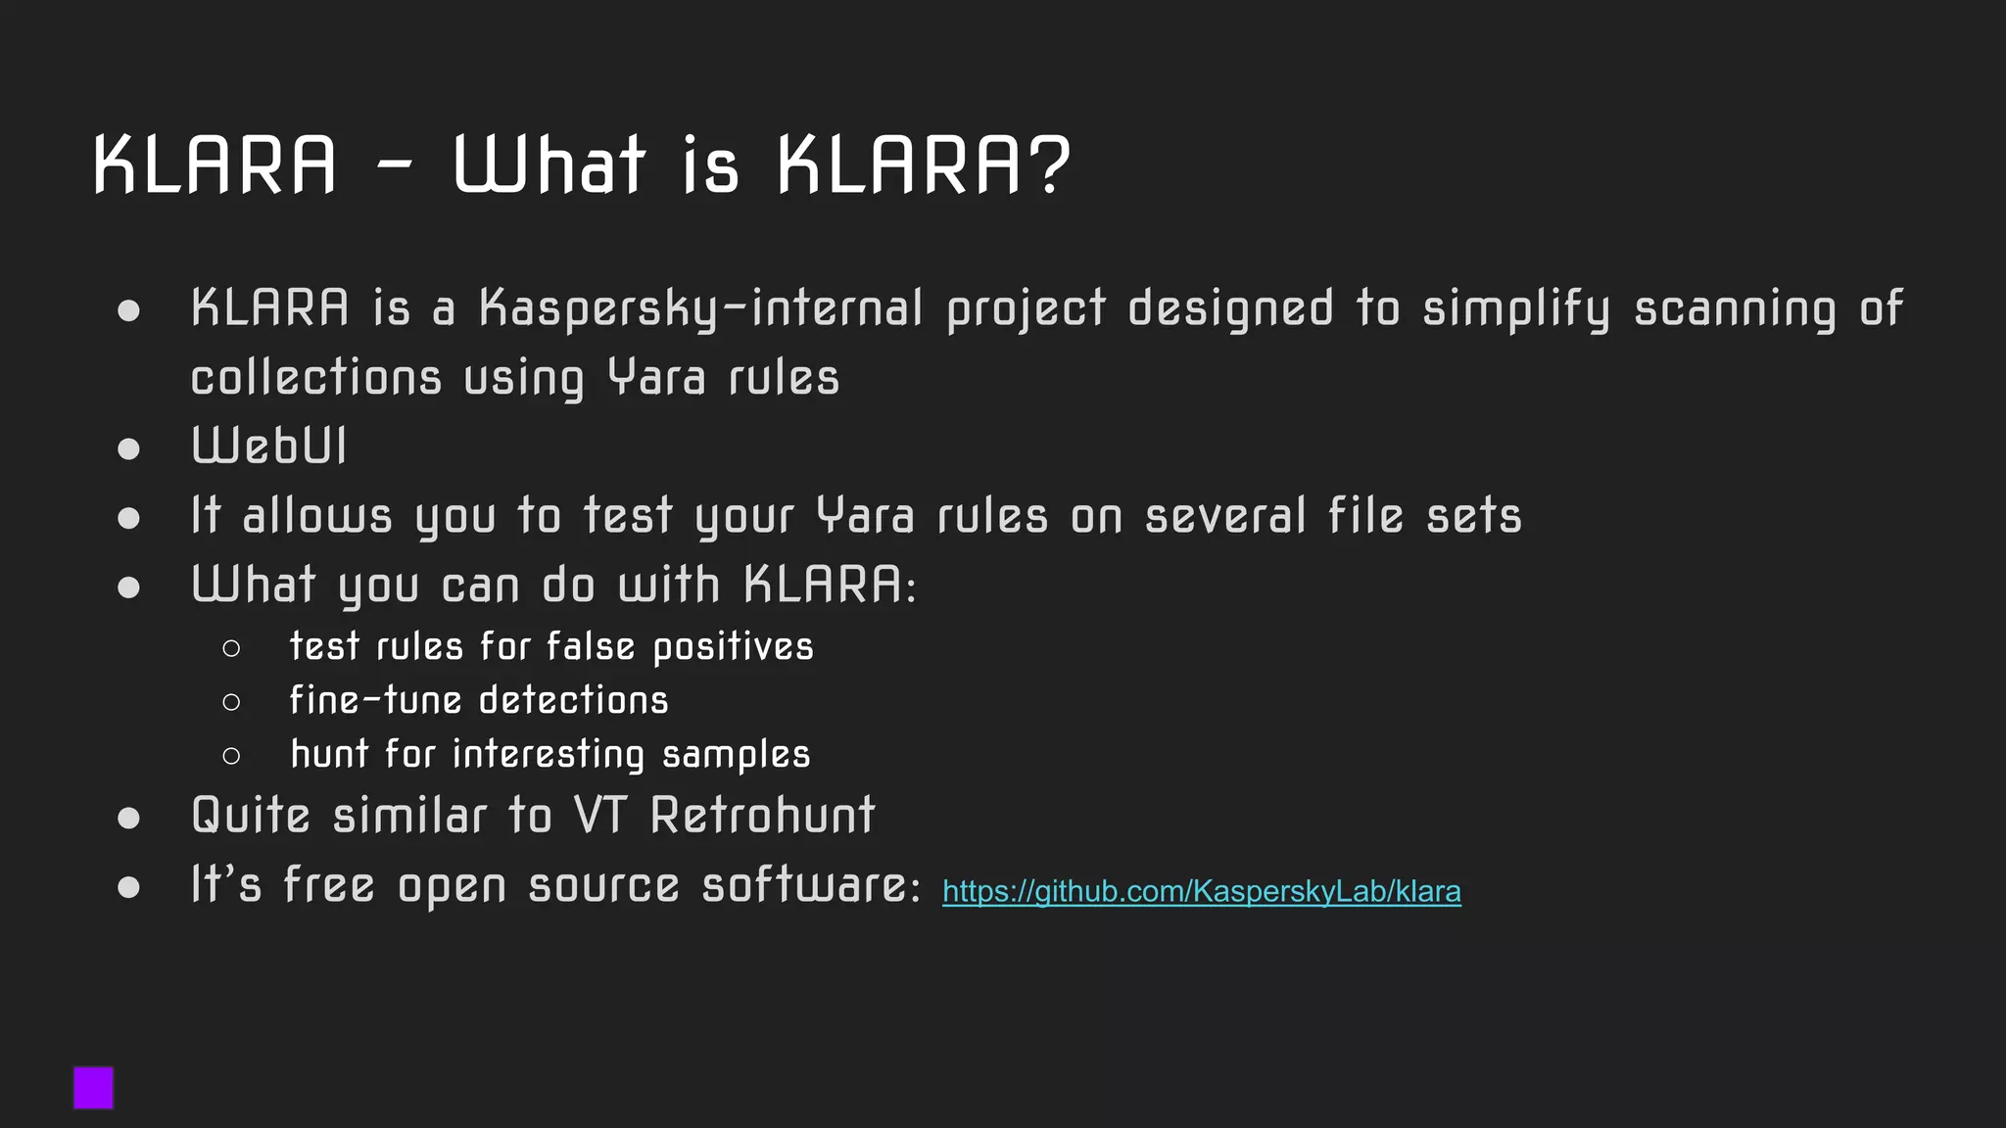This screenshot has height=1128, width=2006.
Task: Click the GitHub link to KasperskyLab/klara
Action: pos(1201,891)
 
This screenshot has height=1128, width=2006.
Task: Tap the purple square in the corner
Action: pos(94,1088)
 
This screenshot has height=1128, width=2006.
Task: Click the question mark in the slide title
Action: pos(1050,164)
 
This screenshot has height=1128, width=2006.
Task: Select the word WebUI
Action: pos(269,446)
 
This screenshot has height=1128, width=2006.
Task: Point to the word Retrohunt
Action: pos(762,815)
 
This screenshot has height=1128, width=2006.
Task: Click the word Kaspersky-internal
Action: pos(700,308)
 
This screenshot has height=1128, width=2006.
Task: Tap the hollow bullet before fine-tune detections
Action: pos(231,702)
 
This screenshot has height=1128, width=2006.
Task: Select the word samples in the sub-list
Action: pos(736,755)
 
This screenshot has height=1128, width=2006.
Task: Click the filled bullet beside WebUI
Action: pos(128,448)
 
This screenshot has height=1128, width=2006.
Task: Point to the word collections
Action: pos(315,378)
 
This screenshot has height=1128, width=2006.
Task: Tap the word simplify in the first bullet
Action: pos(1515,308)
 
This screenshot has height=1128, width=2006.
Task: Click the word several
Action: pos(1224,516)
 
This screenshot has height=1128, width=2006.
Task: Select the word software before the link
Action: pos(811,885)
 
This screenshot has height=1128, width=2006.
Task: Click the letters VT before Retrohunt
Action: pos(599,815)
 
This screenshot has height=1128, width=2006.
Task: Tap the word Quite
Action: pos(251,815)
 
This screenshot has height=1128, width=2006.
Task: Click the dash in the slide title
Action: pos(394,166)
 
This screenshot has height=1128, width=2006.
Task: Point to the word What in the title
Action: pos(549,164)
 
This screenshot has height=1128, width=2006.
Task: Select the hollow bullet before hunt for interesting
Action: pos(231,756)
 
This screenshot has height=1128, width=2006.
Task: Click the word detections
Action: pos(573,701)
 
